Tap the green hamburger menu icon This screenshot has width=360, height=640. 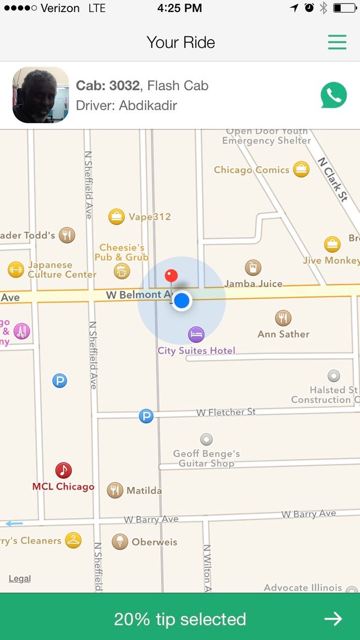click(x=337, y=42)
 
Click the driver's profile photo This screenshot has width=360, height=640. click(x=40, y=95)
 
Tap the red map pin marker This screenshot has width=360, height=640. click(x=171, y=276)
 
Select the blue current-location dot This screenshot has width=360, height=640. click(x=182, y=301)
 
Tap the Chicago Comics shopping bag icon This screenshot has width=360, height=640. click(x=301, y=170)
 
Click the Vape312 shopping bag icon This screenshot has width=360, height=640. click(x=117, y=217)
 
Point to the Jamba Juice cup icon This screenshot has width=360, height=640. click(x=253, y=268)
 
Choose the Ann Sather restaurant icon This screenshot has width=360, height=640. click(x=283, y=318)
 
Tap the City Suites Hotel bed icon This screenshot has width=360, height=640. click(x=196, y=334)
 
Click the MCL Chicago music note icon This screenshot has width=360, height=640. click(x=63, y=470)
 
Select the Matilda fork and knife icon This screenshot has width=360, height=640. click(x=115, y=490)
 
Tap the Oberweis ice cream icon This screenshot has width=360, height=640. click(x=120, y=541)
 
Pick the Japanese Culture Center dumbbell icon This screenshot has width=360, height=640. click(x=16, y=270)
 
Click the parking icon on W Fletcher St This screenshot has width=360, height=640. click(x=146, y=416)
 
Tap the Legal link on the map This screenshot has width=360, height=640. click(x=20, y=579)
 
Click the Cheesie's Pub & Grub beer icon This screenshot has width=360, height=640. click(x=122, y=272)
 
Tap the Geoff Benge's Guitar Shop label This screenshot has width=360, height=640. click(x=207, y=459)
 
